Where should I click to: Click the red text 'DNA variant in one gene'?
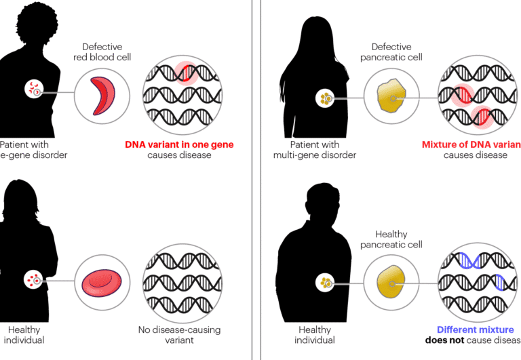click(x=180, y=144)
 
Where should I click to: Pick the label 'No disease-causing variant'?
click(x=180, y=334)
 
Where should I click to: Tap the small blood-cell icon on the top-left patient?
click(x=33, y=89)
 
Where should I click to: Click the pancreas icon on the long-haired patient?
click(x=326, y=99)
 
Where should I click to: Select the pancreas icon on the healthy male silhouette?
click(x=325, y=281)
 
